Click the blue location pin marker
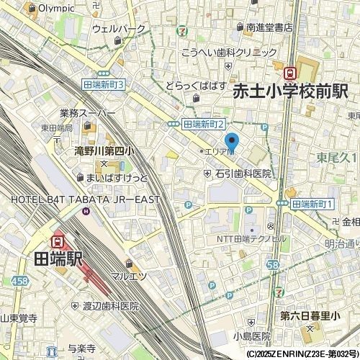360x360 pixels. tap(232, 142)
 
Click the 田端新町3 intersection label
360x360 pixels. tap(104, 84)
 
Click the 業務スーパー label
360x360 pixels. tap(88, 114)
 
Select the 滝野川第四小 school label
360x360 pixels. tap(104, 151)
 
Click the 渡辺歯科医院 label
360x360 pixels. tap(109, 306)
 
